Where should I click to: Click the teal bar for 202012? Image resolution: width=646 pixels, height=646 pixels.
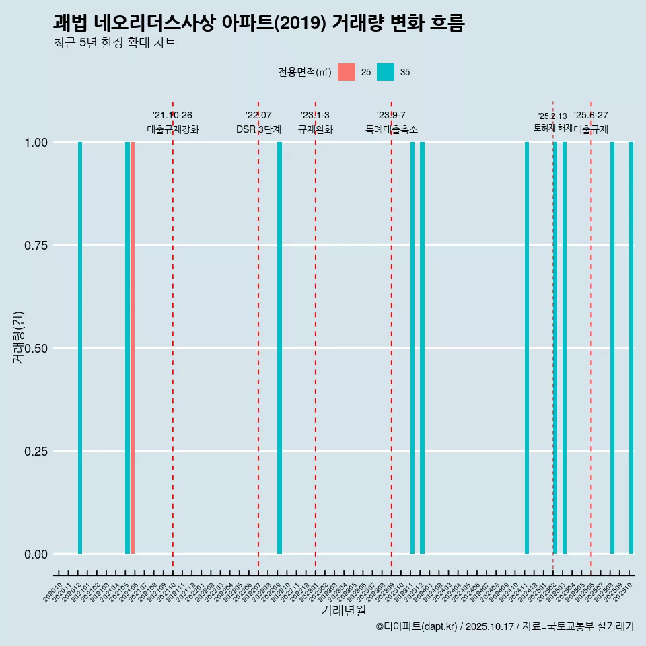(x=80, y=348)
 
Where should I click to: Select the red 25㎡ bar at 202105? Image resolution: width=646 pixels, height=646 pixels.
(x=133, y=348)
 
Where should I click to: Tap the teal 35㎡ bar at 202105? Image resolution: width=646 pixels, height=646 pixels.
(x=127, y=348)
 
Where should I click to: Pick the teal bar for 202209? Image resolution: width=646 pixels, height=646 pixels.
(x=279, y=348)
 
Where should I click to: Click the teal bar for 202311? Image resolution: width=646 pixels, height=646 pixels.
(x=412, y=348)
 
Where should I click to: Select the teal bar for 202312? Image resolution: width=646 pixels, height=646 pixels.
(x=422, y=348)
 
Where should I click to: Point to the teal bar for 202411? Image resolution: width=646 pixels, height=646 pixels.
(x=527, y=348)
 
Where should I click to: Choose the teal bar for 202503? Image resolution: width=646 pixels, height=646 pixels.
(x=565, y=348)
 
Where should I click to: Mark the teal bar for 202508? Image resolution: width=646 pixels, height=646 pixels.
(x=612, y=348)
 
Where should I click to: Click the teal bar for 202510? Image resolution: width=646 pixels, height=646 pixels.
(x=631, y=348)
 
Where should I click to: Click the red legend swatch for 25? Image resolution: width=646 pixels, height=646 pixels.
(x=347, y=72)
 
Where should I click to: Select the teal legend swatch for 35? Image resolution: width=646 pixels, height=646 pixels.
(x=386, y=72)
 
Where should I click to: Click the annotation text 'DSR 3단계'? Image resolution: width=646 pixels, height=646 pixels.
(x=258, y=129)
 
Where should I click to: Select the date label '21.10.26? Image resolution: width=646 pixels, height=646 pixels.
(x=172, y=115)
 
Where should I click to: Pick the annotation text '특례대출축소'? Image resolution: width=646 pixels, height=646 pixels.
(x=392, y=129)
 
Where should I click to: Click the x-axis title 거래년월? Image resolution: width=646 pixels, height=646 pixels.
(x=344, y=610)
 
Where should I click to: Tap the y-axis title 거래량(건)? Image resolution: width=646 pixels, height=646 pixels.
(x=19, y=338)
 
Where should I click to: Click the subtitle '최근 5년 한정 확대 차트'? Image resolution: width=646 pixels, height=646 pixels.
(x=114, y=43)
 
